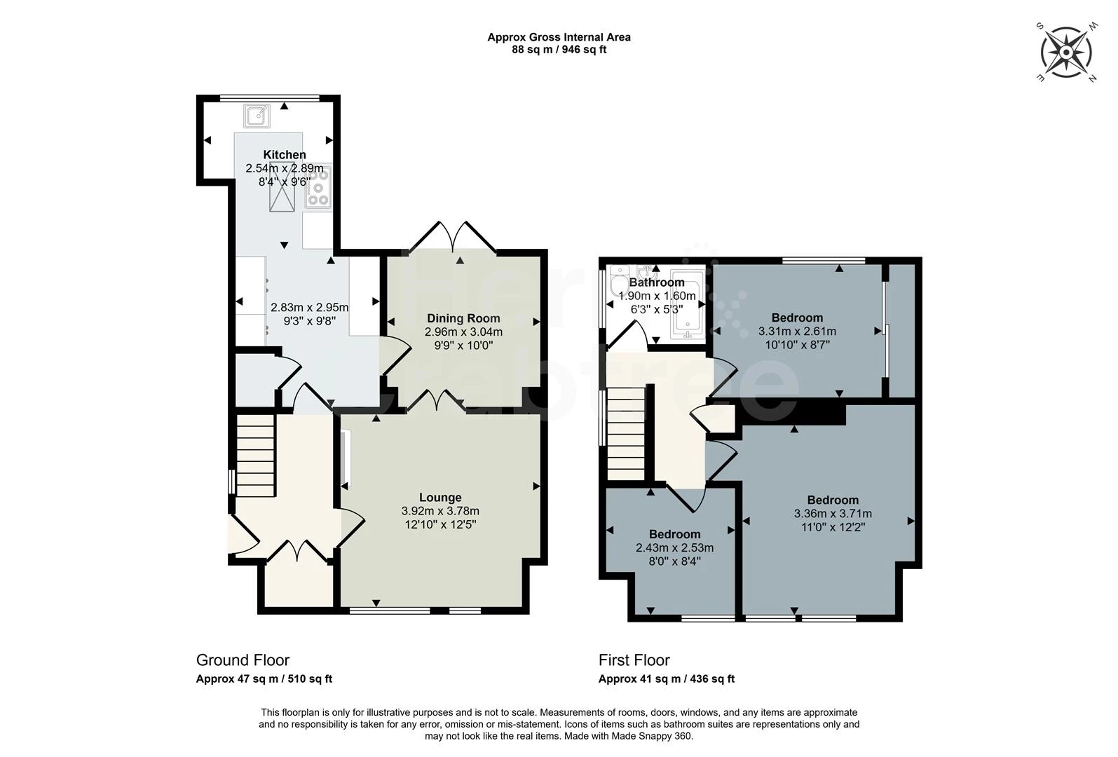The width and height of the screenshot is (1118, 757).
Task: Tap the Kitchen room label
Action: [284, 155]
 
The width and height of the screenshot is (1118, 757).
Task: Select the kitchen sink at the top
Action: [257, 116]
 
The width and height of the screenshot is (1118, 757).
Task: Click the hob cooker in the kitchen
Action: [318, 186]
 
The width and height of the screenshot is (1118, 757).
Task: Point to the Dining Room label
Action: [463, 318]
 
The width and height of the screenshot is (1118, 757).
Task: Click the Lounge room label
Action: [440, 498]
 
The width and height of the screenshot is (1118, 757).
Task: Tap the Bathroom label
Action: [656, 282]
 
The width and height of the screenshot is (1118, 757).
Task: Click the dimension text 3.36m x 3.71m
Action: [832, 514]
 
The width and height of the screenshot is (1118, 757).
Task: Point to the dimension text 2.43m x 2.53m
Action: [674, 547]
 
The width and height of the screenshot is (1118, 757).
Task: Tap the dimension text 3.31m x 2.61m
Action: [797, 332]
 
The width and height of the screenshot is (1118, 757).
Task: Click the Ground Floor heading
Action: [243, 660]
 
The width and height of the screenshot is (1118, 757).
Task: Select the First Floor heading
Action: [634, 660]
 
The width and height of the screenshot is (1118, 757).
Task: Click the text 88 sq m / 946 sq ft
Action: [559, 50]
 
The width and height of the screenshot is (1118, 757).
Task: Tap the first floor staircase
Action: [625, 435]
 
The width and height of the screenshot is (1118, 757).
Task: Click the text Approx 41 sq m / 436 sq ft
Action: [666, 678]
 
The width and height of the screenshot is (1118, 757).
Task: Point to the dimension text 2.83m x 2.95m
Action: [309, 308]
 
